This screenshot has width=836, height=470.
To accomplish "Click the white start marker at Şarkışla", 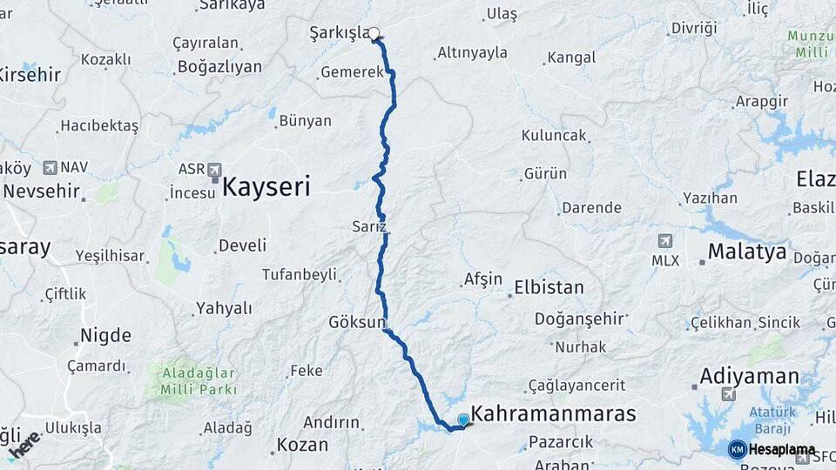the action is click(x=374, y=34).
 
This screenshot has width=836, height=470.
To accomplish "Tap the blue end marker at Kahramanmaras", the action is click(x=463, y=420).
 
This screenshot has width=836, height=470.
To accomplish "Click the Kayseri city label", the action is click(x=266, y=185).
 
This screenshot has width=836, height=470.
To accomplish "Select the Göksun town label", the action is click(x=356, y=322).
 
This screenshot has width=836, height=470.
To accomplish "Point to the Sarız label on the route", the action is click(x=368, y=226).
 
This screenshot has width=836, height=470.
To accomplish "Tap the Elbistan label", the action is click(x=549, y=287).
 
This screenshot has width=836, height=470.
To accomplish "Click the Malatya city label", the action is click(x=746, y=252).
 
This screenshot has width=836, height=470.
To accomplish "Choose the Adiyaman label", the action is click(x=750, y=376).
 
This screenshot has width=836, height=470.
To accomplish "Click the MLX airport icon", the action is click(x=665, y=241).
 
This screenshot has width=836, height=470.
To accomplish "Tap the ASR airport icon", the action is click(x=214, y=169).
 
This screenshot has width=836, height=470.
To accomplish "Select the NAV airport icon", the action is click(x=50, y=167).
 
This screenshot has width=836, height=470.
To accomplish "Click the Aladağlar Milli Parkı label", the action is click(x=195, y=381).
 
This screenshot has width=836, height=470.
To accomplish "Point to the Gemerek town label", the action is click(x=352, y=72).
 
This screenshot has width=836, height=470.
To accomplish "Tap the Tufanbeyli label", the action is click(x=299, y=274).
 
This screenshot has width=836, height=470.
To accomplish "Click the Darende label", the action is click(x=591, y=208).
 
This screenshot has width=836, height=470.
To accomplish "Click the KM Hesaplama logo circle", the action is click(x=737, y=449).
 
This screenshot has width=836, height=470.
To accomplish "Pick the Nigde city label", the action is click(x=105, y=335).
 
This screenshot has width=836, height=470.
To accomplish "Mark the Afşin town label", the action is click(x=483, y=279).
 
